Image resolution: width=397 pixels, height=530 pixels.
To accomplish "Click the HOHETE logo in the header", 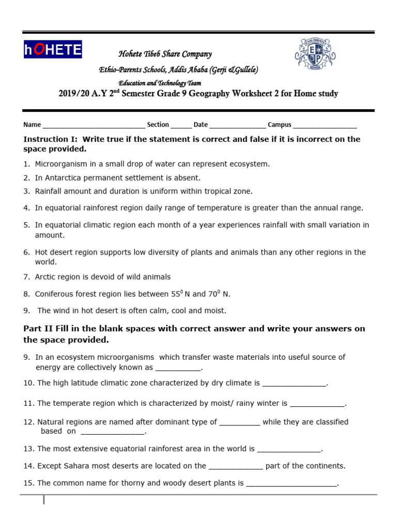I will (x=52, y=50).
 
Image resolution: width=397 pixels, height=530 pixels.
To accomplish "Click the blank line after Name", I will (x=94, y=125).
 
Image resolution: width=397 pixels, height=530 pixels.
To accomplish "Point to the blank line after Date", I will (x=238, y=125).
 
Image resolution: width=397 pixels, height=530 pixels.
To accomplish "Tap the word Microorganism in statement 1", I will (x=59, y=164).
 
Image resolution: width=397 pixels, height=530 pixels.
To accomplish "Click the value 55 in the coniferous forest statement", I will (x=175, y=294).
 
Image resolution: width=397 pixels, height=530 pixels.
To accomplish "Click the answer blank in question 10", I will (x=295, y=384).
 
